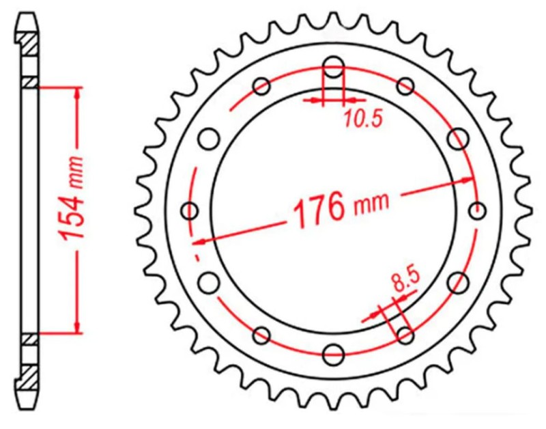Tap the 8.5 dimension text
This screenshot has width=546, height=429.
coord(405,281)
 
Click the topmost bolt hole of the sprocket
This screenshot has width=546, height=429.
coord(333,67)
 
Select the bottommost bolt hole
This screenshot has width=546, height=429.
coord(333,354)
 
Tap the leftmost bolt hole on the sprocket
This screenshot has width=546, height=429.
coord(190,210)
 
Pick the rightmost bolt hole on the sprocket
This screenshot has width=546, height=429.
coord(476,210)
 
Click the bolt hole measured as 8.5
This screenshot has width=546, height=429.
coord(405,335)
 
